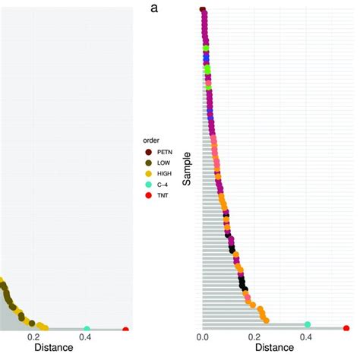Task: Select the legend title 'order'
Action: click(x=150, y=141)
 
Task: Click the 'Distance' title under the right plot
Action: click(x=275, y=349)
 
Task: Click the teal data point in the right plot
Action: click(x=307, y=324)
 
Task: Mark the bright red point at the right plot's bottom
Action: click(x=346, y=328)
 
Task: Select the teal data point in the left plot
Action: click(x=87, y=328)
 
